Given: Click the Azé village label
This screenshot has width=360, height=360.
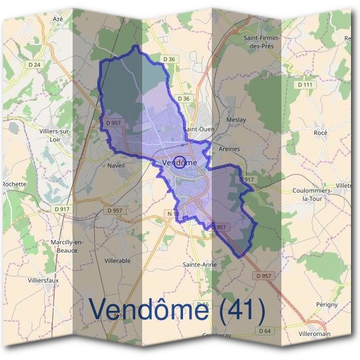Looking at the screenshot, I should point(58,19).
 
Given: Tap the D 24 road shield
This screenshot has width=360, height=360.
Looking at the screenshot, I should point(35,65).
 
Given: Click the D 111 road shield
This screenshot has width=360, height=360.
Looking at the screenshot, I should point(305,85).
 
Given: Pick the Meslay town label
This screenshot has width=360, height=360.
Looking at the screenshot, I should point(236,120).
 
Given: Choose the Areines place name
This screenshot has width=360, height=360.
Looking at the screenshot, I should point(229,149).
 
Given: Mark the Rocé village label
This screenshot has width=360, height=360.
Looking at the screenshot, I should point(320,133).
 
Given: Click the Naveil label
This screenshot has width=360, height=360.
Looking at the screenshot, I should point(116,165).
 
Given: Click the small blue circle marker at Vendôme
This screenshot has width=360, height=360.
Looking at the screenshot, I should point(178,161).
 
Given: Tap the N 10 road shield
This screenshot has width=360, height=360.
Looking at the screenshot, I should point(173,214).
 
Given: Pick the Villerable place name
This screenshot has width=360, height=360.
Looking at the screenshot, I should point(118,261).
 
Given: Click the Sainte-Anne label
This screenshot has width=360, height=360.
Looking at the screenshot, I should point(199,264).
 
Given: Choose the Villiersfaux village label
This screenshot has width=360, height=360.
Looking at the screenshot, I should point(43,280).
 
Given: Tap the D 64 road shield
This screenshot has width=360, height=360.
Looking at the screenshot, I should point(265,331).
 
